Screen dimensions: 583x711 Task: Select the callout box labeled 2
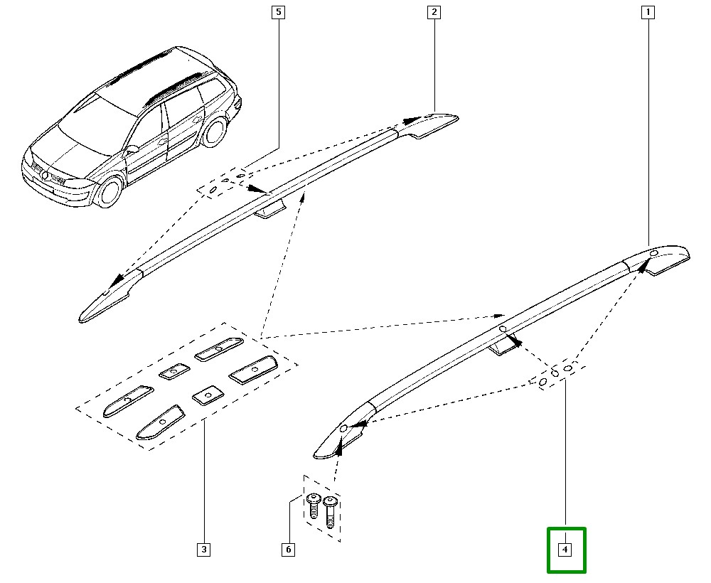coord(433,12)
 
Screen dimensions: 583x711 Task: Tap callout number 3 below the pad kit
coord(203,549)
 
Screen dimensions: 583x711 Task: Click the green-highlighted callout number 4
coord(565,549)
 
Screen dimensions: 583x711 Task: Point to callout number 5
coord(278,12)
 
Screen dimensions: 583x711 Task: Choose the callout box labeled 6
coord(288,549)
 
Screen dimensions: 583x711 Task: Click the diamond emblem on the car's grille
coord(46,176)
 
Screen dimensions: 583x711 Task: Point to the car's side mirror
coord(132,149)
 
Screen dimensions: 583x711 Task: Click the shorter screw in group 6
coord(314,506)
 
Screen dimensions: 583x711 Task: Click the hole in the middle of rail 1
coord(502,328)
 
